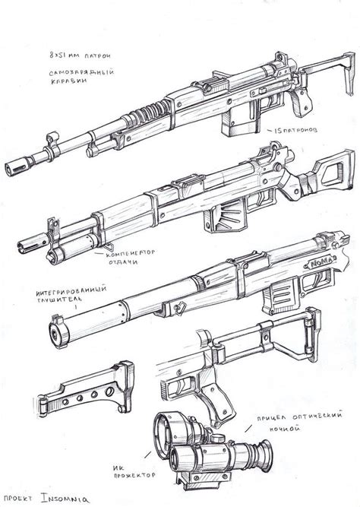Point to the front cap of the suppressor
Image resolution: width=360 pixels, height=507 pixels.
point(55,332)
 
